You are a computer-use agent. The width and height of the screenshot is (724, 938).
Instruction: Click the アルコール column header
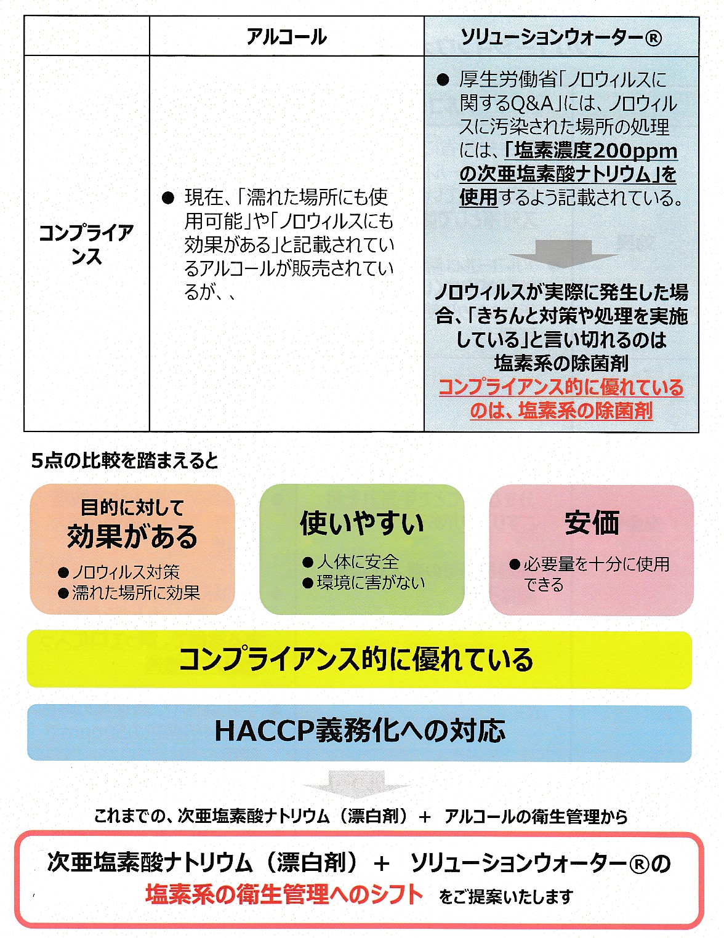click(287, 37)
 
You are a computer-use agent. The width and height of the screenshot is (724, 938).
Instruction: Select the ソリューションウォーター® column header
click(561, 38)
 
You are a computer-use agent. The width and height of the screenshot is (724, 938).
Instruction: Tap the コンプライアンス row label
click(86, 244)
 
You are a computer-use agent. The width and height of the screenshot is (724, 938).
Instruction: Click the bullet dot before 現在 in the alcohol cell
click(168, 198)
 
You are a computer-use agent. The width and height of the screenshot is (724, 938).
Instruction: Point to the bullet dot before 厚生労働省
click(443, 80)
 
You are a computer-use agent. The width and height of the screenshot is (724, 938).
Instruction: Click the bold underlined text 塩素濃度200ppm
click(591, 151)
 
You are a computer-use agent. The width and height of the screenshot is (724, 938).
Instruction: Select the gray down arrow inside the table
click(563, 254)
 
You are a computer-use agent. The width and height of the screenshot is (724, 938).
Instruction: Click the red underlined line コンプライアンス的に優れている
click(561, 387)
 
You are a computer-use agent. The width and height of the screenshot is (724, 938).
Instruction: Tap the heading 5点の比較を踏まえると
click(125, 461)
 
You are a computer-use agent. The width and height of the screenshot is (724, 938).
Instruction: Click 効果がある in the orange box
click(132, 537)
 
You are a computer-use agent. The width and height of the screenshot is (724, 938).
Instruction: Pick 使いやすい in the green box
click(362, 523)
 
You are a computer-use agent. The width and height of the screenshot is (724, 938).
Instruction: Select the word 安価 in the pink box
click(592, 523)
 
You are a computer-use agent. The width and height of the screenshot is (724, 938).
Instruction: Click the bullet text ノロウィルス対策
click(125, 572)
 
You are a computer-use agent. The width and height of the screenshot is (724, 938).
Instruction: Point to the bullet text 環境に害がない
click(371, 583)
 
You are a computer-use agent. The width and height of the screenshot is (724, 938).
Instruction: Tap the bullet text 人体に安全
click(358, 562)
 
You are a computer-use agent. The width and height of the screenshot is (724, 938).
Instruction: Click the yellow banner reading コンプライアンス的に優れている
click(359, 659)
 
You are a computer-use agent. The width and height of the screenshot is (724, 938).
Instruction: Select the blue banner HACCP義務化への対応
click(359, 731)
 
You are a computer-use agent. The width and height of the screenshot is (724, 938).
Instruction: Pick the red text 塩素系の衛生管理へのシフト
click(284, 894)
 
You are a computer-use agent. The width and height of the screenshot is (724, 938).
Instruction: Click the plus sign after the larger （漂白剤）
click(382, 865)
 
